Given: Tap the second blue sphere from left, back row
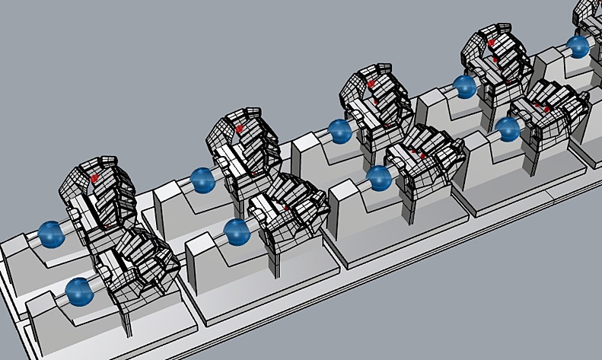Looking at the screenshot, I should [x=202, y=180].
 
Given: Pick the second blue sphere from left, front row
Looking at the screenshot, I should [x=237, y=231].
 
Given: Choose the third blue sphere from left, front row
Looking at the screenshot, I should [x=378, y=179].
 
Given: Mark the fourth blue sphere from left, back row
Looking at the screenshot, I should [x=464, y=86].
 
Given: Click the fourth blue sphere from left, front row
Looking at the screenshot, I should [x=508, y=129].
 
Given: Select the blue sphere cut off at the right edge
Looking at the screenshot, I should [x=578, y=46].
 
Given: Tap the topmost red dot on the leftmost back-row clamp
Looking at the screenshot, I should [x=95, y=177].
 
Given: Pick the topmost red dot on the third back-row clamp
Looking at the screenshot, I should [x=371, y=83].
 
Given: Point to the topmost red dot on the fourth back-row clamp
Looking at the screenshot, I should [x=492, y=40].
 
